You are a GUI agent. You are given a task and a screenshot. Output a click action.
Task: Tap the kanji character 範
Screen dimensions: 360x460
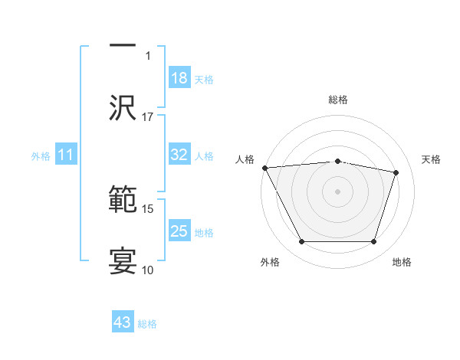point(123,200)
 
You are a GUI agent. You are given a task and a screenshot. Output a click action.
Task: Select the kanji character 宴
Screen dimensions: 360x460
point(123,260)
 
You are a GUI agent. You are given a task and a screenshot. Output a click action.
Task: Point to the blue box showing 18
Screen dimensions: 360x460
point(179,78)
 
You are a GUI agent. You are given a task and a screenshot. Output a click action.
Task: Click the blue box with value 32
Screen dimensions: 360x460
point(179,155)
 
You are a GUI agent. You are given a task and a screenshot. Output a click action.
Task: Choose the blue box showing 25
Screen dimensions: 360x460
point(179,231)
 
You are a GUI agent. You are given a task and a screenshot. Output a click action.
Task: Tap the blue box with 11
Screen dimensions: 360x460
point(66,155)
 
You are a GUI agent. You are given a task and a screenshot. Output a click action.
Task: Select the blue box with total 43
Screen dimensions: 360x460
point(123,322)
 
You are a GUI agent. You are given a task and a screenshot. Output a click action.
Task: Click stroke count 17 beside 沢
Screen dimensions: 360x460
point(148,117)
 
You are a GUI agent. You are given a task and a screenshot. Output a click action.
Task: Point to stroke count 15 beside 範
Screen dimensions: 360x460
point(148,208)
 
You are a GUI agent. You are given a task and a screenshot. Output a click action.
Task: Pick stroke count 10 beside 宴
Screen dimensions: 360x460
point(148,270)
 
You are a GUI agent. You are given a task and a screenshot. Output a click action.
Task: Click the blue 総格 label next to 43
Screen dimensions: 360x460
point(147,324)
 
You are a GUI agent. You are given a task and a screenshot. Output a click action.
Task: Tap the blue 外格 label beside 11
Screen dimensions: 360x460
point(41,156)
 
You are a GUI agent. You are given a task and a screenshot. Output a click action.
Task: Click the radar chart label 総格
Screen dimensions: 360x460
point(337,100)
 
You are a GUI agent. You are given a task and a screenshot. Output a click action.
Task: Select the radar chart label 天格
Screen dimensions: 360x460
point(432,159)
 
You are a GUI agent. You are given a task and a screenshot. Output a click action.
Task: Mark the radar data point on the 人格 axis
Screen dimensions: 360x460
point(264,168)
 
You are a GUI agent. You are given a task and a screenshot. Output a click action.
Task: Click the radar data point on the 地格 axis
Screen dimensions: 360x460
point(373,242)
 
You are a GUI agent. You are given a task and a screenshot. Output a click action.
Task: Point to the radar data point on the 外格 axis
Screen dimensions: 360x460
point(301,242)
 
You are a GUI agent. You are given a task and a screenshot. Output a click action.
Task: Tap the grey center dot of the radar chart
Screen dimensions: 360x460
point(337,191)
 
